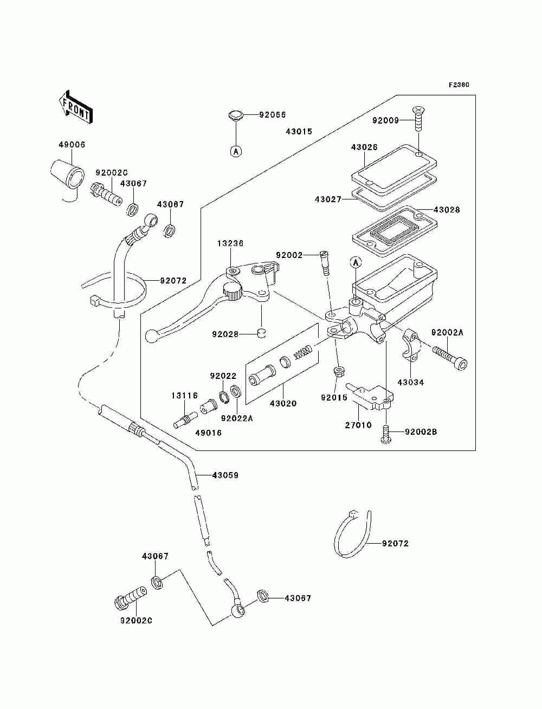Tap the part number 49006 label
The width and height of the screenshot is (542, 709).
(72, 145)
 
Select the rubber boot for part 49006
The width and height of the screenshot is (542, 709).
(67, 174)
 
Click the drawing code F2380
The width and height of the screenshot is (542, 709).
(459, 85)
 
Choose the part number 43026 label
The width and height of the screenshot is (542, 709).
(364, 147)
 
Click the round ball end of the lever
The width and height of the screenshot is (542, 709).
(151, 337)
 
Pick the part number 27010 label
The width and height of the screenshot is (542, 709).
(358, 425)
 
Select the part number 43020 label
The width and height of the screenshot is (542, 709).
(283, 403)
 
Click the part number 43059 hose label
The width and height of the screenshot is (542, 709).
(225, 475)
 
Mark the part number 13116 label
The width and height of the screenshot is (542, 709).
(185, 396)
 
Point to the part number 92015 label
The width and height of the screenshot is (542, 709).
(334, 398)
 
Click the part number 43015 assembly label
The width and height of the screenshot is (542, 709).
(299, 132)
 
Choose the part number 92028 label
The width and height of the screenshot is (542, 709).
(225, 334)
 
